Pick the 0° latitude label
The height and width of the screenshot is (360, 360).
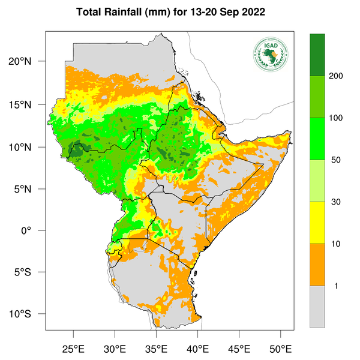35,231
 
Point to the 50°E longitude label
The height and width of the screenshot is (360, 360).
280,349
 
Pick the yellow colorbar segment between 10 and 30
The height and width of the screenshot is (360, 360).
317,223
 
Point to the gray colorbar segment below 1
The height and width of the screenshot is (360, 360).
317,306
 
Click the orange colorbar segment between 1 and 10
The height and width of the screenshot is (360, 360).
317,265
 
